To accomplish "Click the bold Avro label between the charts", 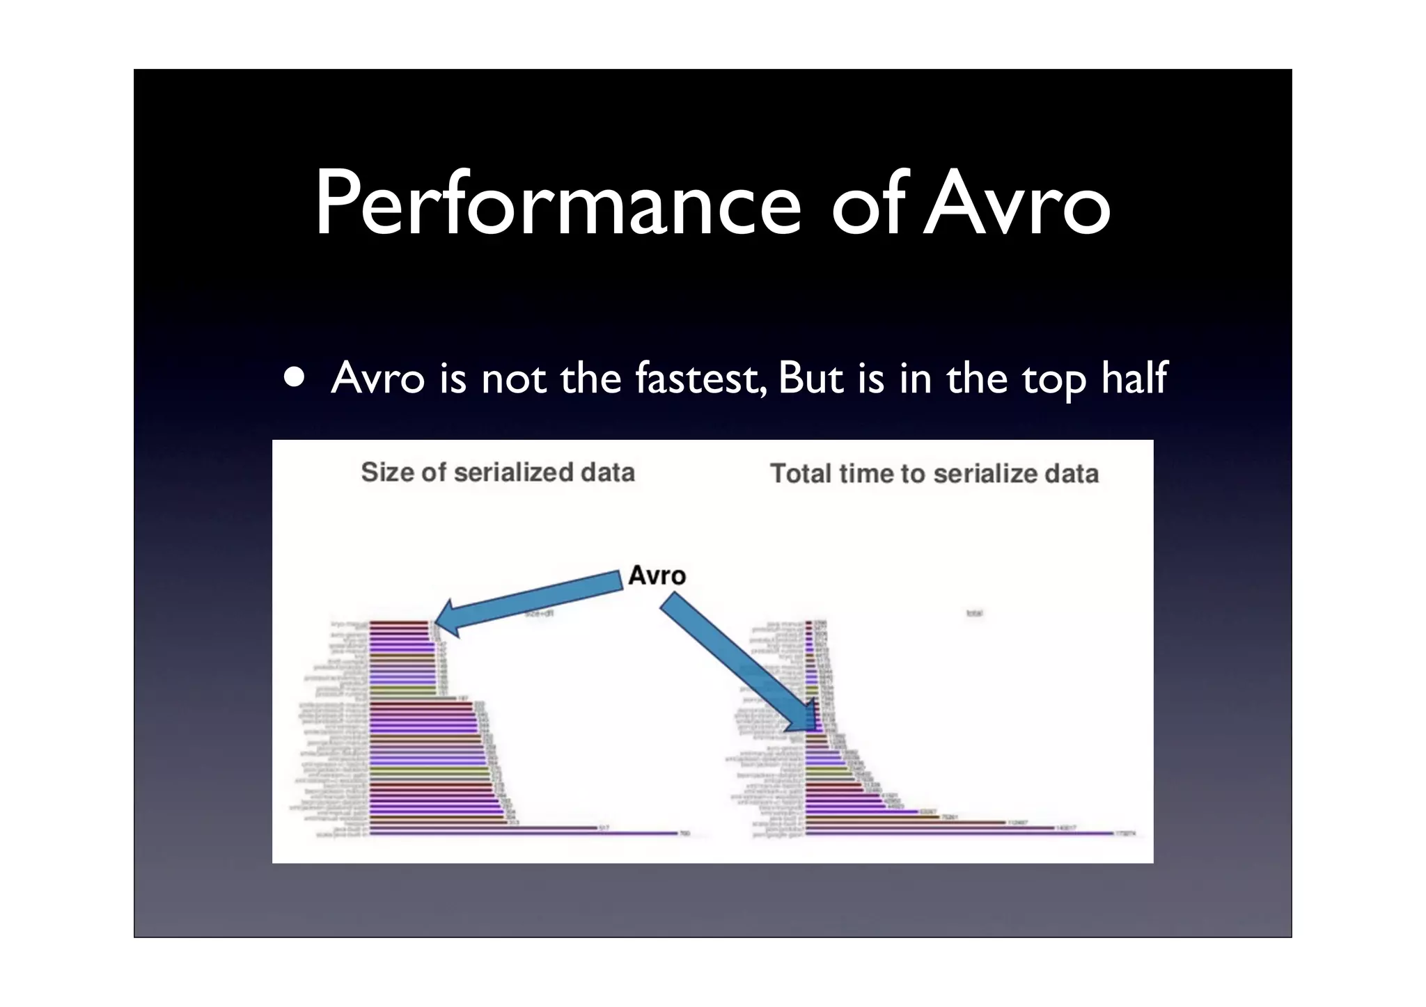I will click(657, 576).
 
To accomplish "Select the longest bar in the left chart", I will click(522, 833).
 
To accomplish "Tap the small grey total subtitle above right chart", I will click(974, 613).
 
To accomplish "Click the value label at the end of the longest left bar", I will click(684, 833).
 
